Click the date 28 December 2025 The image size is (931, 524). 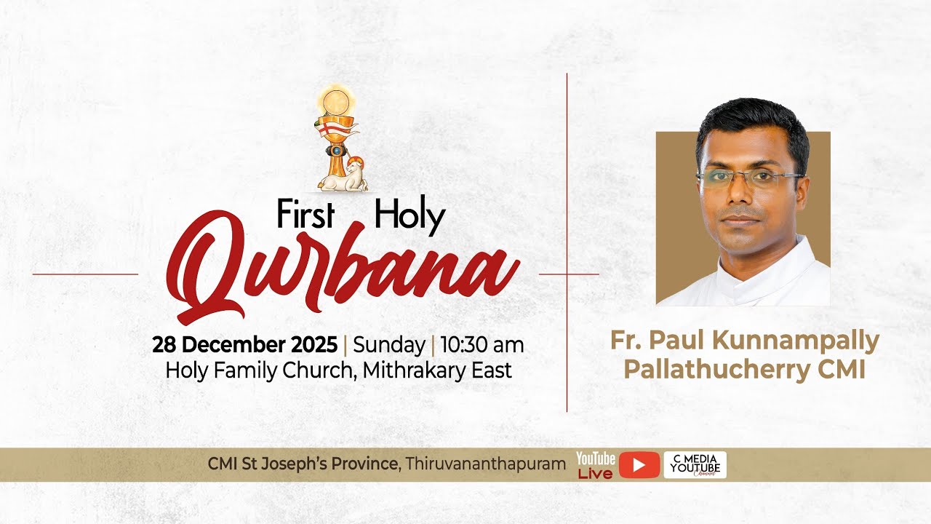[244, 344]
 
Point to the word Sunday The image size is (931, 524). [388, 344]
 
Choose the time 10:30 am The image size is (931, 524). [482, 344]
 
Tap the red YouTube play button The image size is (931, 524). [639, 465]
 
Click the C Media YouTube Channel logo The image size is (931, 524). [695, 465]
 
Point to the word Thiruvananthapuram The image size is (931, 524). [486, 464]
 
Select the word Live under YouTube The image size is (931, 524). [595, 474]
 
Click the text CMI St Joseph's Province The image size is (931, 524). [303, 464]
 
